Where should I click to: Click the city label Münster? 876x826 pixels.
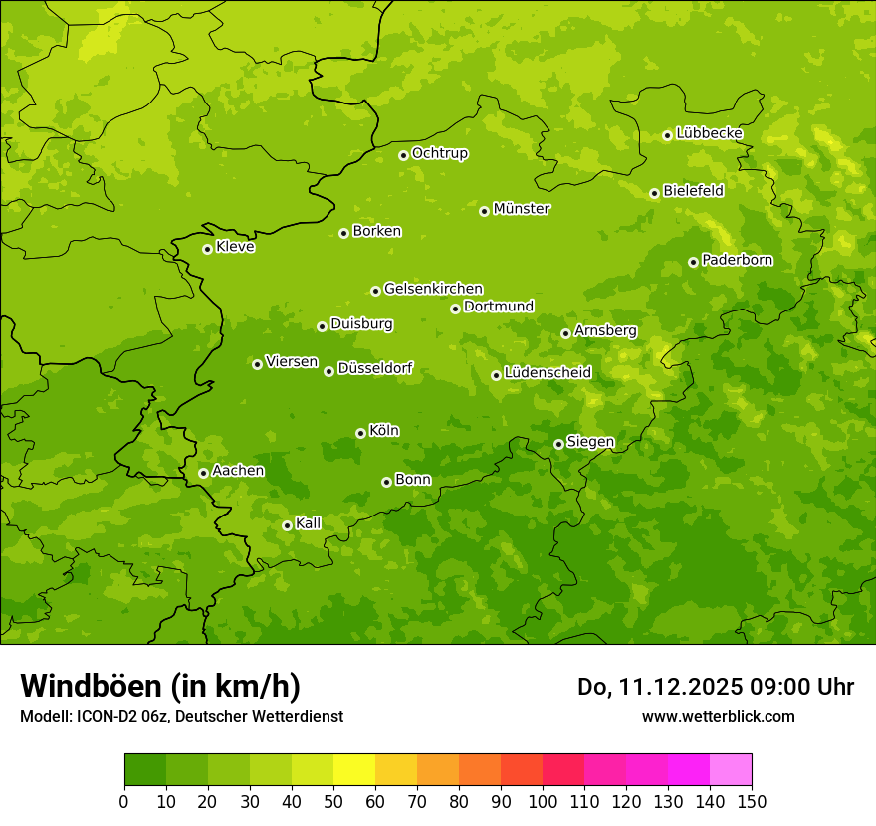[522, 209]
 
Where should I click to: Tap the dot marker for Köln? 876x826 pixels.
[360, 433]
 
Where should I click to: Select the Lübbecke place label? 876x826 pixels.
[709, 133]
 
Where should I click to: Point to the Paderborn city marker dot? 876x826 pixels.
[693, 262]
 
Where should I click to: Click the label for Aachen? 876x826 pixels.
[238, 470]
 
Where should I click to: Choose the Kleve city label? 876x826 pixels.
[235, 246]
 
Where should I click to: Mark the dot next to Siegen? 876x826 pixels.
[558, 444]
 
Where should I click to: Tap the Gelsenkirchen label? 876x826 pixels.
[433, 289]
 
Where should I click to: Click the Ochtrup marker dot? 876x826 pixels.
[403, 154]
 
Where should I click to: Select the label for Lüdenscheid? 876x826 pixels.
[547, 373]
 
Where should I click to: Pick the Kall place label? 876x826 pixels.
[309, 523]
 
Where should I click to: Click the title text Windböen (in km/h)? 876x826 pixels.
[160, 686]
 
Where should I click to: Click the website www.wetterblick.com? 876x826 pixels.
[718, 716]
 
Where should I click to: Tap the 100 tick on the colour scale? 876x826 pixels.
[543, 802]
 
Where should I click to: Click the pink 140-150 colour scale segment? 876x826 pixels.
[731, 770]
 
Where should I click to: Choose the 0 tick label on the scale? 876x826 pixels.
[124, 802]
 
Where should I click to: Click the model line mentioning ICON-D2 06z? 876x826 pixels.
[181, 716]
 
